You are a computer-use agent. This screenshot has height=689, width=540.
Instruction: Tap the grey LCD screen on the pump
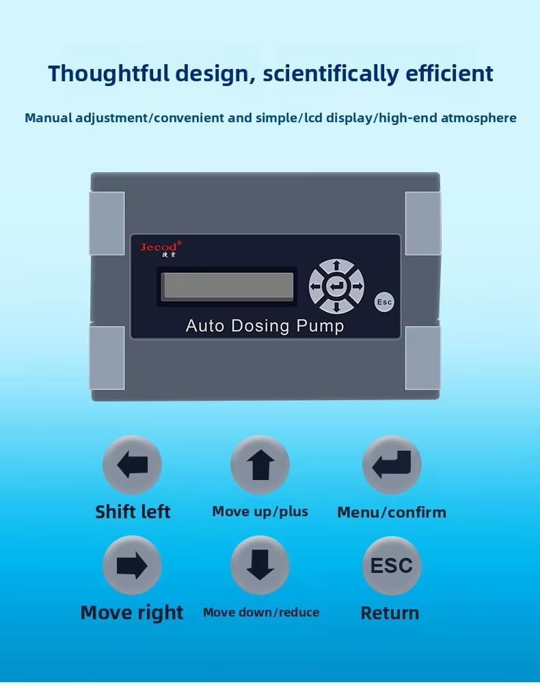click(228, 286)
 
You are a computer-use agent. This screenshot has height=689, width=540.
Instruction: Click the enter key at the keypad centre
click(336, 287)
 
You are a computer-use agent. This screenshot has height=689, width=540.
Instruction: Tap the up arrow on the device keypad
click(336, 266)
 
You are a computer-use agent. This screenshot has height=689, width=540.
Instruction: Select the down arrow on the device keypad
click(336, 307)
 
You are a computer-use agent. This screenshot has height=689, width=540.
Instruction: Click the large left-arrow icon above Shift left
click(133, 464)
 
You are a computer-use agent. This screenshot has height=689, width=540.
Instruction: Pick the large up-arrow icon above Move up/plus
click(260, 464)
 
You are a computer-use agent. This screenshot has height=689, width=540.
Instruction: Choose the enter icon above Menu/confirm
click(392, 464)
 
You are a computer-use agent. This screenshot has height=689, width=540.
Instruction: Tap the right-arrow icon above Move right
click(133, 565)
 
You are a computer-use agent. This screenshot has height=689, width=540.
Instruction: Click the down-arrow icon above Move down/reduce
click(260, 565)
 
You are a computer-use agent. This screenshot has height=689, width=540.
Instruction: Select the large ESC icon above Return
click(392, 565)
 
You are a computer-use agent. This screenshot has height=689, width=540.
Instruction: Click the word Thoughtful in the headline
click(109, 73)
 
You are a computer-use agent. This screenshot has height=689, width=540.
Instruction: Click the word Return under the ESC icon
click(390, 613)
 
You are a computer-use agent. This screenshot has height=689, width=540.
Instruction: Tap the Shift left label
click(133, 512)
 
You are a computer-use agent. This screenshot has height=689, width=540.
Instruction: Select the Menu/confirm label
click(392, 512)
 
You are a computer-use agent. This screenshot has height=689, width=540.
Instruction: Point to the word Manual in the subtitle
click(49, 117)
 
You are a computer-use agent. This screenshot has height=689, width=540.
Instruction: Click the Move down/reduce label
click(261, 613)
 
